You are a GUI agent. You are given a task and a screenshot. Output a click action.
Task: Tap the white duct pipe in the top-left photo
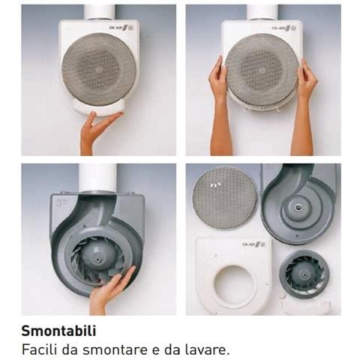[x=99, y=11]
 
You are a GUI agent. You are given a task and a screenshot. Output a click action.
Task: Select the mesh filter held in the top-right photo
[x=262, y=68]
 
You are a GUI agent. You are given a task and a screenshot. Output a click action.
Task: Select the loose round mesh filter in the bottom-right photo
[x=225, y=198]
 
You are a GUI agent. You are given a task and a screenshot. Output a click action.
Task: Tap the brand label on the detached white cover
[x=253, y=244]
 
